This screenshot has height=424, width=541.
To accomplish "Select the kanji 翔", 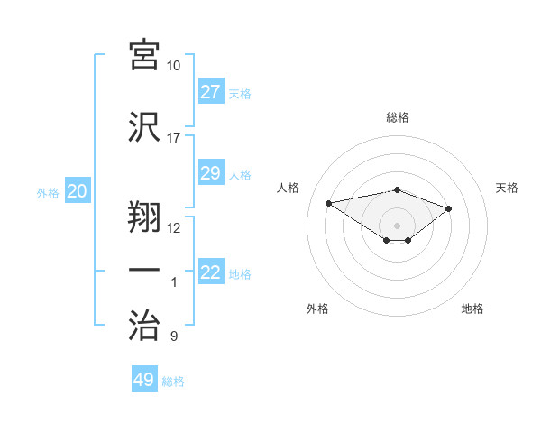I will pyautogui.click(x=144, y=215).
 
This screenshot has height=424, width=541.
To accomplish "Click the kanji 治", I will pyautogui.click(x=144, y=323).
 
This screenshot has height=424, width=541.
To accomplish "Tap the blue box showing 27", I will pyautogui.click(x=210, y=92).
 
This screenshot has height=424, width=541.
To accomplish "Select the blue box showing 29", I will pyautogui.click(x=210, y=173).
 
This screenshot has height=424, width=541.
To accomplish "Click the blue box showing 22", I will pyautogui.click(x=210, y=272).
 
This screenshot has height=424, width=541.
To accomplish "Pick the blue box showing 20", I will pyautogui.click(x=78, y=191).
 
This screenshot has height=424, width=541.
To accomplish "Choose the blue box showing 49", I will pyautogui.click(x=144, y=380).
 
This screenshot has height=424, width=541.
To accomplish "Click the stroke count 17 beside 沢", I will pyautogui.click(x=173, y=138).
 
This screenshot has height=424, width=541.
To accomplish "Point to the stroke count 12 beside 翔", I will pyautogui.click(x=173, y=228).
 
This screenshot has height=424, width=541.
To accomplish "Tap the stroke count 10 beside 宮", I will pyautogui.click(x=173, y=66).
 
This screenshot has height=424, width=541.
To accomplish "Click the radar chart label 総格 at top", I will pyautogui.click(x=397, y=117).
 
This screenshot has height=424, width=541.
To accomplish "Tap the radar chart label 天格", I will pyautogui.click(x=507, y=188).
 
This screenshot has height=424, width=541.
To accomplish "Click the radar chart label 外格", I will pyautogui.click(x=317, y=309).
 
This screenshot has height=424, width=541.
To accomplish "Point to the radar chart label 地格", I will pyautogui.click(x=472, y=309).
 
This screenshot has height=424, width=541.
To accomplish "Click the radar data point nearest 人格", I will pyautogui.click(x=329, y=202).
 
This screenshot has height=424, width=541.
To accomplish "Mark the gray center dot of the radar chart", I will pyautogui.click(x=397, y=225).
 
